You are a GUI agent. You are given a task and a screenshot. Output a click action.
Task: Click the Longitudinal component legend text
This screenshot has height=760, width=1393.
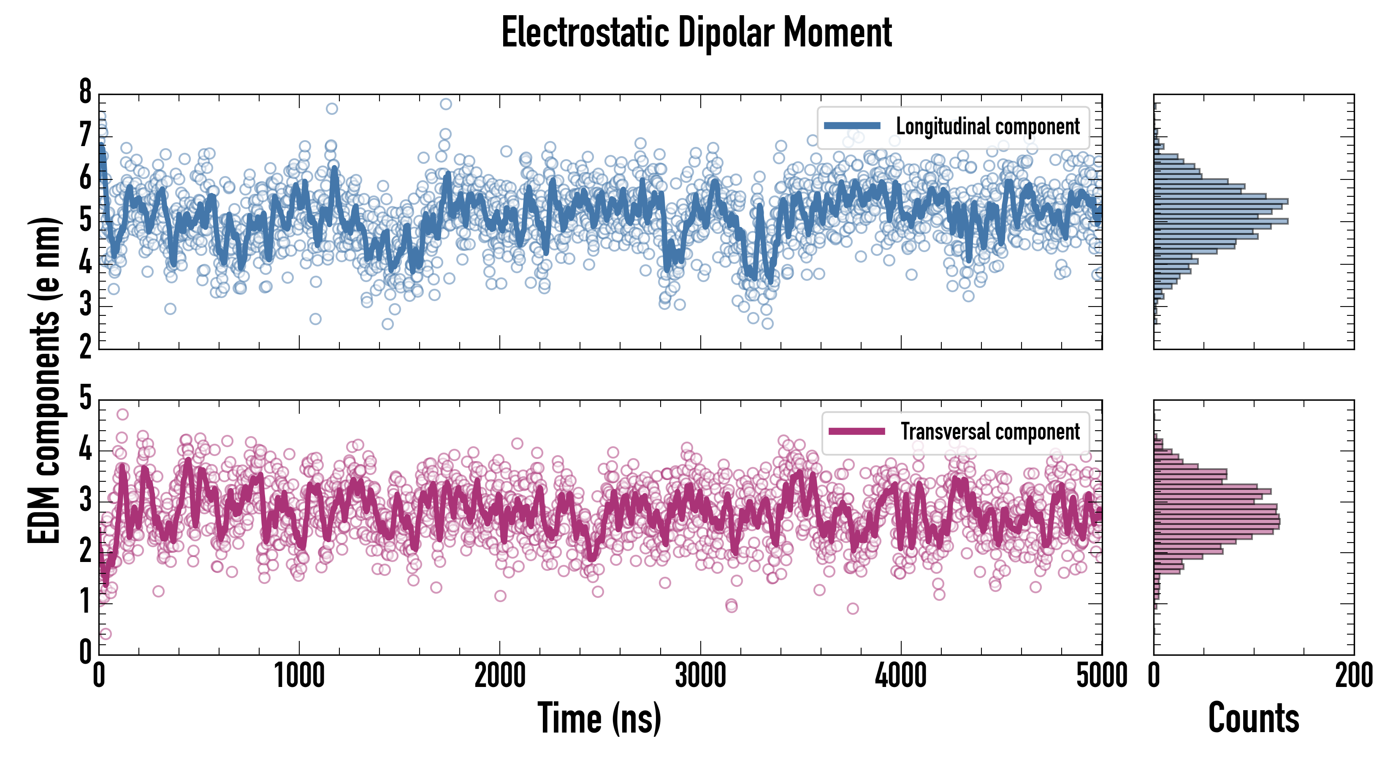click(987, 127)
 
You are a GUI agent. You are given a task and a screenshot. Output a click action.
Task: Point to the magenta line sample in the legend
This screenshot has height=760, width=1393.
click(856, 431)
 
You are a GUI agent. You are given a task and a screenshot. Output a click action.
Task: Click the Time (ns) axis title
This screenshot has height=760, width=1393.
click(599, 718)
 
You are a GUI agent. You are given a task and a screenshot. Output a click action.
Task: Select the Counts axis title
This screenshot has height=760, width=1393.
click(1253, 718)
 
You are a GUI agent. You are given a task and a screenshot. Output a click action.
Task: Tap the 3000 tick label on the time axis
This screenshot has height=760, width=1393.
click(700, 676)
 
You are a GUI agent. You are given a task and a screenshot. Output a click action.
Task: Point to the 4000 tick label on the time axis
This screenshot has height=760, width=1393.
click(901, 676)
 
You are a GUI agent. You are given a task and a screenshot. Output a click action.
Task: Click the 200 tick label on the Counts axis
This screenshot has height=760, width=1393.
click(1353, 676)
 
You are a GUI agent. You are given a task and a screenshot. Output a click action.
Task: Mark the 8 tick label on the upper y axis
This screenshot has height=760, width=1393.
click(85, 92)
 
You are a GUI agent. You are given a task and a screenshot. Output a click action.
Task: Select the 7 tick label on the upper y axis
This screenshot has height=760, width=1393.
click(85, 135)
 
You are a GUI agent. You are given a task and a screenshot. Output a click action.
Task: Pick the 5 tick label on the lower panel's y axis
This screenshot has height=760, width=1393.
click(85, 399)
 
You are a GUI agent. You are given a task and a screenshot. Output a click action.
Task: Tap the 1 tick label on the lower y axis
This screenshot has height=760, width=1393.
click(85, 602)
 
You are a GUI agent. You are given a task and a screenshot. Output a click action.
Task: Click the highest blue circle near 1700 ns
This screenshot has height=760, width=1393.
click(446, 104)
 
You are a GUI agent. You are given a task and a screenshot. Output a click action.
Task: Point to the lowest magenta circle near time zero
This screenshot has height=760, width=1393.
click(106, 633)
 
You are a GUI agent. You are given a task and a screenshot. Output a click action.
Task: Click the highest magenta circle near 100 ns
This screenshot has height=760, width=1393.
click(123, 414)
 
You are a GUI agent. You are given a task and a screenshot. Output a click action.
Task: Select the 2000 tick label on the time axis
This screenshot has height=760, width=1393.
click(500, 676)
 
